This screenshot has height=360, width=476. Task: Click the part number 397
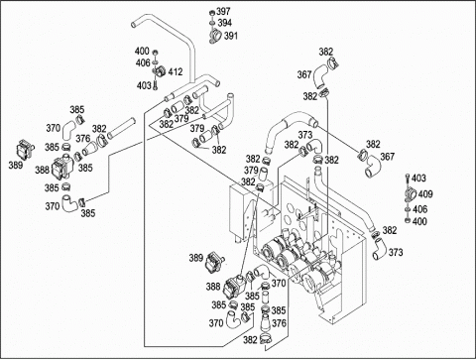(x=223, y=12)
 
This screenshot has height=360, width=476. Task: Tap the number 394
(x=225, y=23)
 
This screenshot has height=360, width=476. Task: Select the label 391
(x=231, y=36)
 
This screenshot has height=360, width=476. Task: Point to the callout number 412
(x=176, y=71)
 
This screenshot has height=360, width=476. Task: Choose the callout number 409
(x=425, y=194)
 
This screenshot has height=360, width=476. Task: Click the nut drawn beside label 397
(x=211, y=13)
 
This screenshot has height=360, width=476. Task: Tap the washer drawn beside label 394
(x=211, y=23)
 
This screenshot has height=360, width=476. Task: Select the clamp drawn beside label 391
(x=214, y=36)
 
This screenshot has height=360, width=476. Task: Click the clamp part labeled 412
(x=160, y=71)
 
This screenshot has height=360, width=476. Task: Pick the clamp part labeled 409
(x=410, y=194)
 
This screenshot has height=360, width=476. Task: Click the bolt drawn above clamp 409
(x=407, y=179)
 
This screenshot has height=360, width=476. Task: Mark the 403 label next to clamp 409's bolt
(x=418, y=179)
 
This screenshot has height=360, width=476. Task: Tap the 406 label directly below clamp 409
(x=419, y=209)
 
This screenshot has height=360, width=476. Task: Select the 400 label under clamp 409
(x=419, y=221)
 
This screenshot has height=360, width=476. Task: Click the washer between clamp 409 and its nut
(x=408, y=209)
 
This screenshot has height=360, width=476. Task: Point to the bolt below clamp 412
(x=155, y=85)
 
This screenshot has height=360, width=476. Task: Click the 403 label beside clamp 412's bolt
(x=144, y=85)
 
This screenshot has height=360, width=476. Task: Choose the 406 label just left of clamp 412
(x=143, y=62)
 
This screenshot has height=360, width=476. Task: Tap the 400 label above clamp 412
(x=142, y=52)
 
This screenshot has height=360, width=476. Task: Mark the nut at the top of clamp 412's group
(x=155, y=53)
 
